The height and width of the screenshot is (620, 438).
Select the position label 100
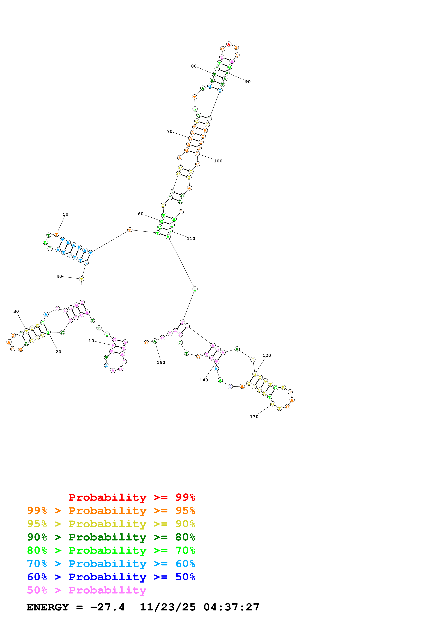tap(218, 161)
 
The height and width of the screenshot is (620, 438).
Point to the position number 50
tap(66, 214)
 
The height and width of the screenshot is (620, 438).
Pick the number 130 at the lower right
tap(254, 417)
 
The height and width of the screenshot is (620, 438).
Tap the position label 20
tap(58, 352)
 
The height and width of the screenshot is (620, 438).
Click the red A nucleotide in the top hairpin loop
tap(229, 44)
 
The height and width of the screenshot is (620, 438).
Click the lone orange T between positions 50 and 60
tap(130, 230)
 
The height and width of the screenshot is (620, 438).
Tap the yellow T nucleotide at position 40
tap(81, 279)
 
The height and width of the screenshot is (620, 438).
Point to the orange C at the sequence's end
tap(146, 343)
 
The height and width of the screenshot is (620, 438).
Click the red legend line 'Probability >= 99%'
tap(132, 497)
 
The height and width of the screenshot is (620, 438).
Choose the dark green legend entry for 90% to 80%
tap(111, 537)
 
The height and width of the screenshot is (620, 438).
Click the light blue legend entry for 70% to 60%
tap(111, 564)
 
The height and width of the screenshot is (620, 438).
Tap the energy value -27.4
tap(107, 607)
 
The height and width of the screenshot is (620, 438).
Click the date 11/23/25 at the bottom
tap(168, 607)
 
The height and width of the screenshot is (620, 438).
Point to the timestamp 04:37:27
tap(231, 607)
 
